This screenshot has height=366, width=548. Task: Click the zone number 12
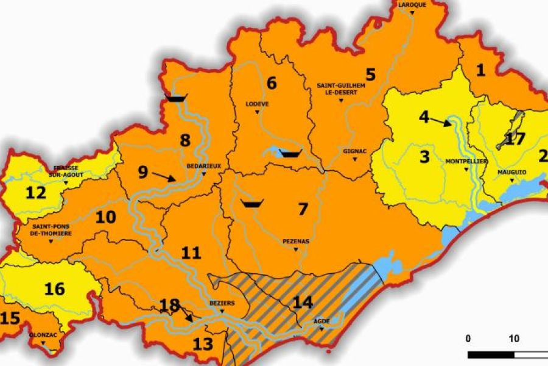pyautogui.click(x=36, y=193)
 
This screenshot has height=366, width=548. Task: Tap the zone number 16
pyautogui.click(x=55, y=289)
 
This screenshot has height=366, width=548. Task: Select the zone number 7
pyautogui.click(x=303, y=209)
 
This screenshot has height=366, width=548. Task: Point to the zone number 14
pyautogui.click(x=303, y=301)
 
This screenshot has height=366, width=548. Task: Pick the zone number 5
pyautogui.click(x=370, y=74)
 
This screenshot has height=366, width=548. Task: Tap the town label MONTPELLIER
pyautogui.click(x=466, y=162)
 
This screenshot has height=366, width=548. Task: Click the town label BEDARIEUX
pyautogui.click(x=203, y=165)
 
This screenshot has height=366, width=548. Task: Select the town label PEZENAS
pyautogui.click(x=296, y=242)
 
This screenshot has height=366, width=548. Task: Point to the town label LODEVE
pyautogui.click(x=257, y=104)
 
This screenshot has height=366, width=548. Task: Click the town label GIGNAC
pyautogui.click(x=355, y=150)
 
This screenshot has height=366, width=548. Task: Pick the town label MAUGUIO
pyautogui.click(x=511, y=172)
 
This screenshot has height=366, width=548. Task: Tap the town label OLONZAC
pyautogui.click(x=43, y=335)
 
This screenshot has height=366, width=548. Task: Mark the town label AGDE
pyautogui.click(x=321, y=321)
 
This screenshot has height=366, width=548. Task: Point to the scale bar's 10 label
pyautogui.click(x=514, y=339)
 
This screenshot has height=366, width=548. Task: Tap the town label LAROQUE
pyautogui.click(x=412, y=4)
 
